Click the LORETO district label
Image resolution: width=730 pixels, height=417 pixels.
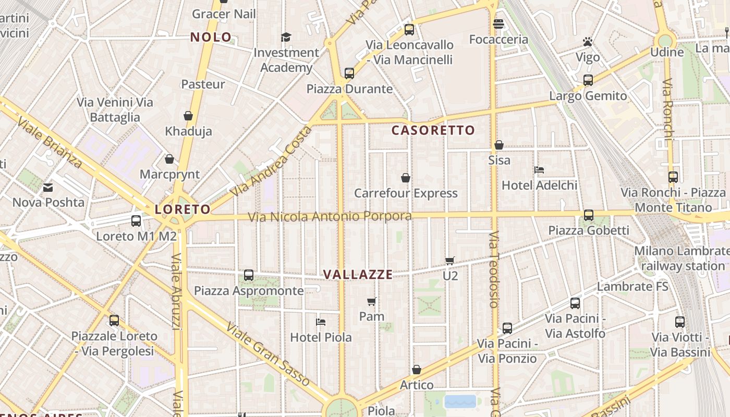click(x=182, y=210)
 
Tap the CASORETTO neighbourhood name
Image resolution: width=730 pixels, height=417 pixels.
click(x=433, y=130)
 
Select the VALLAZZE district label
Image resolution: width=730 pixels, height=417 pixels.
click(x=358, y=275)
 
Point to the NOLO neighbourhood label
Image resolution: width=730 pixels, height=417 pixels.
click(x=211, y=37)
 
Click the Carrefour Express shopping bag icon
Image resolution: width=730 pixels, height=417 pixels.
click(x=406, y=178)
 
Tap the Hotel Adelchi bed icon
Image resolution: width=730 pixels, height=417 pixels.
click(x=539, y=170)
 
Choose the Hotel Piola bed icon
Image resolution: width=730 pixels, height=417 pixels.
click(x=321, y=322)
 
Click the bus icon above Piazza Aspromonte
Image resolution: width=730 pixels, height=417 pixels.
click(x=249, y=275)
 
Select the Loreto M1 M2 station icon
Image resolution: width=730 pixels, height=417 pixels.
click(x=136, y=221)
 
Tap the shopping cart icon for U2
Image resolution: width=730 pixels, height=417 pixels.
click(x=450, y=261)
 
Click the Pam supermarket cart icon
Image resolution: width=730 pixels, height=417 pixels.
click(x=372, y=301)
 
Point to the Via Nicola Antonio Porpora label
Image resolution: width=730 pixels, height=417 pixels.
click(x=330, y=216)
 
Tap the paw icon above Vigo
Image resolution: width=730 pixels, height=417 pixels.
click(x=588, y=42)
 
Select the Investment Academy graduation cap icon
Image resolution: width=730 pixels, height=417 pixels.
click(x=286, y=37)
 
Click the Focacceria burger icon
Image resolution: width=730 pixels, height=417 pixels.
click(x=498, y=24)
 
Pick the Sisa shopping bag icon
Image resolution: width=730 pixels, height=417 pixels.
click(x=499, y=145)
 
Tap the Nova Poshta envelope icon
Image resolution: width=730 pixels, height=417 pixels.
click(x=48, y=188)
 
